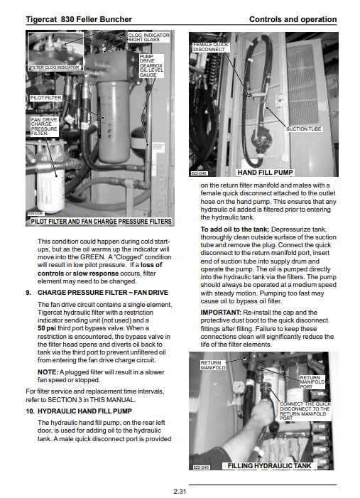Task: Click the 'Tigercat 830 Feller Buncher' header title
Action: point(79,19)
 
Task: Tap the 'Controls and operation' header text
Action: point(293,19)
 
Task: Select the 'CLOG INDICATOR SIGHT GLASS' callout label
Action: point(148,37)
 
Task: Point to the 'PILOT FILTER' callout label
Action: point(45,98)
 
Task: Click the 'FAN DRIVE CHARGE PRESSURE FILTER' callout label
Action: point(44,126)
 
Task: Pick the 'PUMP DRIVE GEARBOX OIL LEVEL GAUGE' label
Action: point(151,66)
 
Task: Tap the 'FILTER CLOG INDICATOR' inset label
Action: point(55,67)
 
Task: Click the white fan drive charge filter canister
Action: point(51,190)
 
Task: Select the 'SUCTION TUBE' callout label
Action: point(303,129)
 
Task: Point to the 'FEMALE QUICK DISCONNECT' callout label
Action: point(210,47)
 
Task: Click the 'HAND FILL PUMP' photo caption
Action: point(265,173)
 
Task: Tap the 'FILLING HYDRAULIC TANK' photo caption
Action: point(269,465)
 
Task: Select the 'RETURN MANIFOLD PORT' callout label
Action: point(312,382)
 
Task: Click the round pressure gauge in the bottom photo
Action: point(239,386)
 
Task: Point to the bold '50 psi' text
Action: point(47,328)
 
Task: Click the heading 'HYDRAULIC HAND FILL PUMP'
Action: point(84,411)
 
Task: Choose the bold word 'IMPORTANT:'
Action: point(221,313)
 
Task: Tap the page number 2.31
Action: point(180,491)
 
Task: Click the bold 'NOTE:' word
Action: point(48,372)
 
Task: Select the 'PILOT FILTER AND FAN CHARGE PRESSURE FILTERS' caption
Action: point(101,222)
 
